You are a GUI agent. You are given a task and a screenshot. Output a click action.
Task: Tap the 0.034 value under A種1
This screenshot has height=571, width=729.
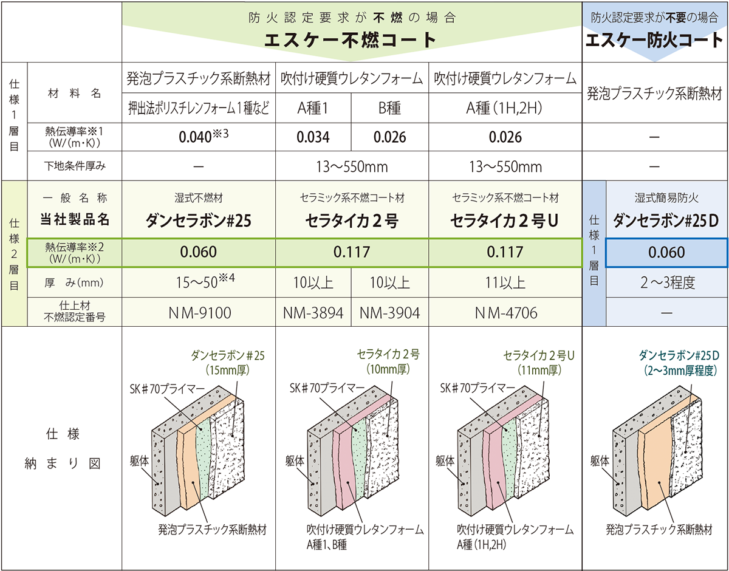click(x=313, y=137)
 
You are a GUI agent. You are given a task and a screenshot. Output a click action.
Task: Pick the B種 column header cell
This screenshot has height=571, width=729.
click(x=389, y=108)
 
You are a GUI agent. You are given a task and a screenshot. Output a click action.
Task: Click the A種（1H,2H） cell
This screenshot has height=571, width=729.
click(x=504, y=108)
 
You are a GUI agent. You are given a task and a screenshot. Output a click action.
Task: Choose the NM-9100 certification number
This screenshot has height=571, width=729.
click(x=200, y=313)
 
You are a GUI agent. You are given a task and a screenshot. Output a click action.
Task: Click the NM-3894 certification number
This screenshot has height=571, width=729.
click(x=313, y=313)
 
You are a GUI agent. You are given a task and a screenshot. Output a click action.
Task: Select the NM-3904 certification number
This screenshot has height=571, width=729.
click(x=389, y=313)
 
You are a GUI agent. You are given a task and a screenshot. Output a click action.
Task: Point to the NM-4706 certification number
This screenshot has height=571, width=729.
click(x=506, y=313)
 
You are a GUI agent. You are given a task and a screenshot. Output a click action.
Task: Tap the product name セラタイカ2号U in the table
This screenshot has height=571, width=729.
click(x=504, y=221)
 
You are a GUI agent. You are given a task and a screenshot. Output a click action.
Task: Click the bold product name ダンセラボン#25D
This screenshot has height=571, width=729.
click(x=666, y=221)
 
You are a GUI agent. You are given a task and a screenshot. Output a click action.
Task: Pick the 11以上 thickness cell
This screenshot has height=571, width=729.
click(x=505, y=282)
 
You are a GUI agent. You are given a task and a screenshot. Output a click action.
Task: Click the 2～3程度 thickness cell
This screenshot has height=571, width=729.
click(x=667, y=282)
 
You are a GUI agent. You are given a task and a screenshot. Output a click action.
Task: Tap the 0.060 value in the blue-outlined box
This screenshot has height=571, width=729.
click(x=666, y=252)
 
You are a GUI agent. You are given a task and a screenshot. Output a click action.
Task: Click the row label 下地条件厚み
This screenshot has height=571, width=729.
click(x=75, y=166)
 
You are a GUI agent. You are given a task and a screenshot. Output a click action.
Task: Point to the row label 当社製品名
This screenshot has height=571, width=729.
click(x=75, y=220)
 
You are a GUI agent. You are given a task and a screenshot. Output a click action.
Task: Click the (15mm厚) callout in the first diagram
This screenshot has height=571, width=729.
click(x=227, y=370)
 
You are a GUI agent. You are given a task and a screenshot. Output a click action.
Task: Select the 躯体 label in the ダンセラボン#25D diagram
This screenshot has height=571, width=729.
click(x=600, y=461)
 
